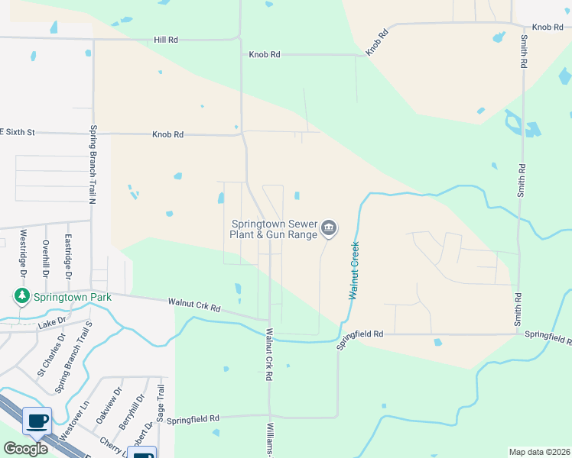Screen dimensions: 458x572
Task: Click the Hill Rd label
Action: [166, 39]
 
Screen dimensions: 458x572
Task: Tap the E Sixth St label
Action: [17, 132]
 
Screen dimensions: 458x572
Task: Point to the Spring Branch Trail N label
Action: [91, 164]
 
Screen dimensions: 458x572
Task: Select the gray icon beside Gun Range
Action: [330, 227]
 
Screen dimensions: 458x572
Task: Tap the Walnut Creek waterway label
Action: [354, 270]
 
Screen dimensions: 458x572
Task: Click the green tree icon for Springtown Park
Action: [21, 296]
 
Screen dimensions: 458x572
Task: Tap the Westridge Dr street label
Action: [24, 253]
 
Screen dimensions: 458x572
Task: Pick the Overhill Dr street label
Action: [46, 259]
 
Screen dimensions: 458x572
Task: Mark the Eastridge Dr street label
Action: [68, 256]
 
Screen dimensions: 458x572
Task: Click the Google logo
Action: [24, 449]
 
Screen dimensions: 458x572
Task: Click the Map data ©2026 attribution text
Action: [538, 452]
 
